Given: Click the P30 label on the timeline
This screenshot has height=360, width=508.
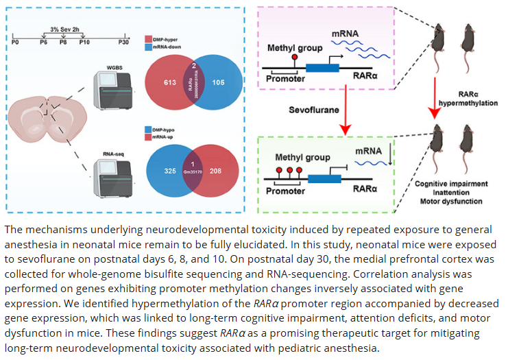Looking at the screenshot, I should click(x=123, y=43).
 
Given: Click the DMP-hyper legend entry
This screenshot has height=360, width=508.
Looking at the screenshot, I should click(x=169, y=40).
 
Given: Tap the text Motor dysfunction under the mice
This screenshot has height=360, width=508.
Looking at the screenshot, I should click(x=452, y=202).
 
